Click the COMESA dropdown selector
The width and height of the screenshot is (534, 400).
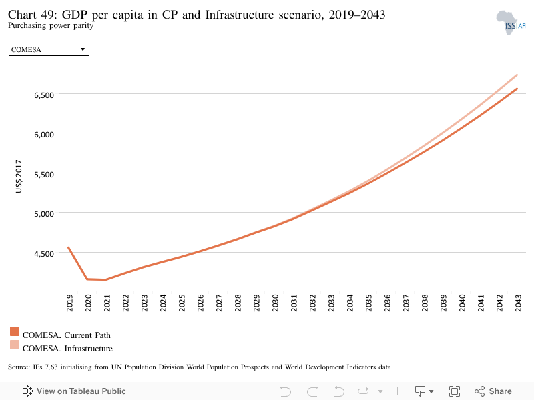49,49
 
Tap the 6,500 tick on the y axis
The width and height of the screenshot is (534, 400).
44,95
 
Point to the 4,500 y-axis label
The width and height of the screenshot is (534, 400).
44,254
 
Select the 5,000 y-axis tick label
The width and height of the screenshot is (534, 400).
44,214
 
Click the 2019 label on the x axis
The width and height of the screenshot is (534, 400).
69,303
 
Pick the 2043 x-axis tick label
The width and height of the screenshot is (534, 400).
518,303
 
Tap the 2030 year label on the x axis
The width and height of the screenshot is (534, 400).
275,303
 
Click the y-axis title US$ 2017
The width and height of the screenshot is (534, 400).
19,177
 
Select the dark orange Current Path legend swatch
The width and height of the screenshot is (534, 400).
15,331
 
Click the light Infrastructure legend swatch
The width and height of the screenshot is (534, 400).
15,345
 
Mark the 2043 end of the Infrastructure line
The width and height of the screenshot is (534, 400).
517,75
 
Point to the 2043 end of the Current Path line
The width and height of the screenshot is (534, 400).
517,89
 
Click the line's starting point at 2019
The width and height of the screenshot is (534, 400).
69,247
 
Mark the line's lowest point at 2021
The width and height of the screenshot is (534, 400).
106,279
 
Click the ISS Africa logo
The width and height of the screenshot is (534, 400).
511,23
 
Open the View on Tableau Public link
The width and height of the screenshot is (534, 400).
74,391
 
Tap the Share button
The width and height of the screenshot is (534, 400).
493,391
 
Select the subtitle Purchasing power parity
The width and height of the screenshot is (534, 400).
51,25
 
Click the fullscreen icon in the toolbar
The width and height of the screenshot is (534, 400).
455,391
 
